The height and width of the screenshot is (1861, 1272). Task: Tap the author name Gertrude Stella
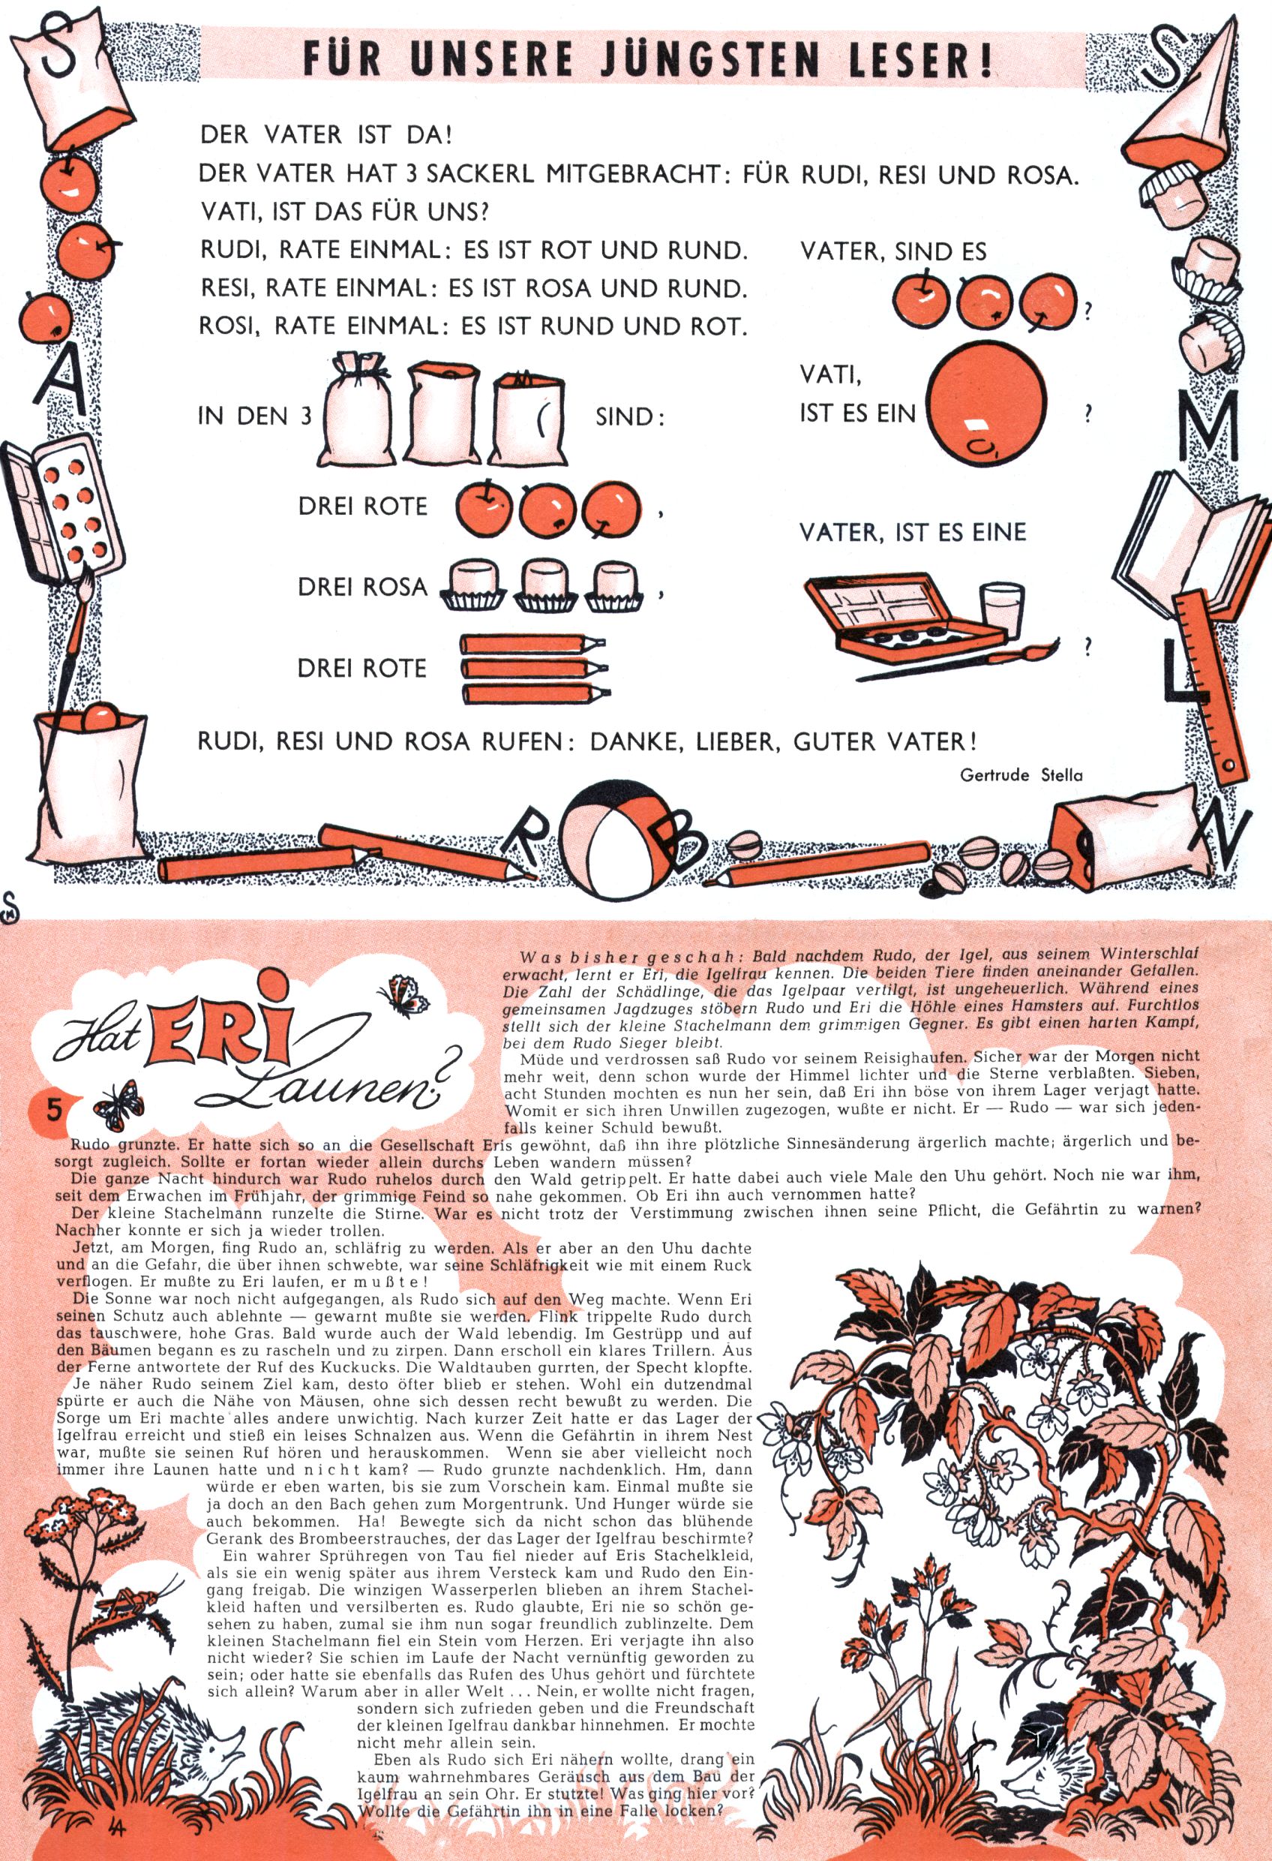click(x=1021, y=775)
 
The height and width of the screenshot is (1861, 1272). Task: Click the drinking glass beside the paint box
click(x=1000, y=609)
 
